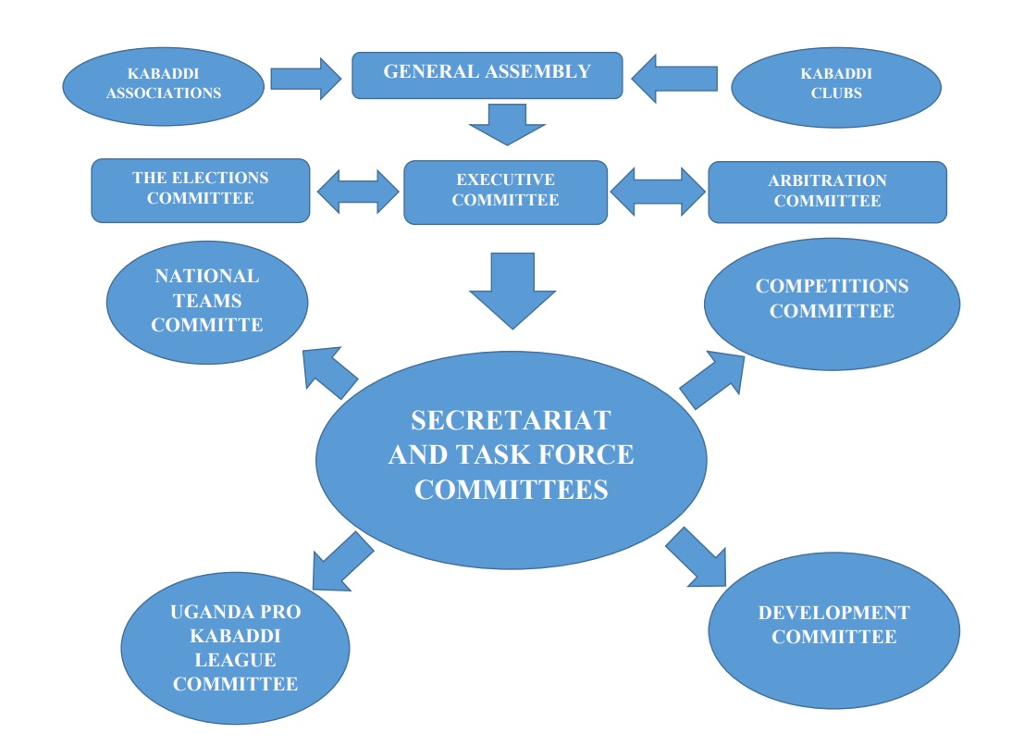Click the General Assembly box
point(487,73)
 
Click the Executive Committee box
point(505,191)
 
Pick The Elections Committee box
point(200,189)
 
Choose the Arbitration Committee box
point(827,192)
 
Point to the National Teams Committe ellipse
point(207,301)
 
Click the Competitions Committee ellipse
point(832,300)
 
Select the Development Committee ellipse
point(833,626)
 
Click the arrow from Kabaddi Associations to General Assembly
point(305,78)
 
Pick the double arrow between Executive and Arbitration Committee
point(657,191)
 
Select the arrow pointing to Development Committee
point(696,558)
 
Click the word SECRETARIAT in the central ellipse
point(511,420)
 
